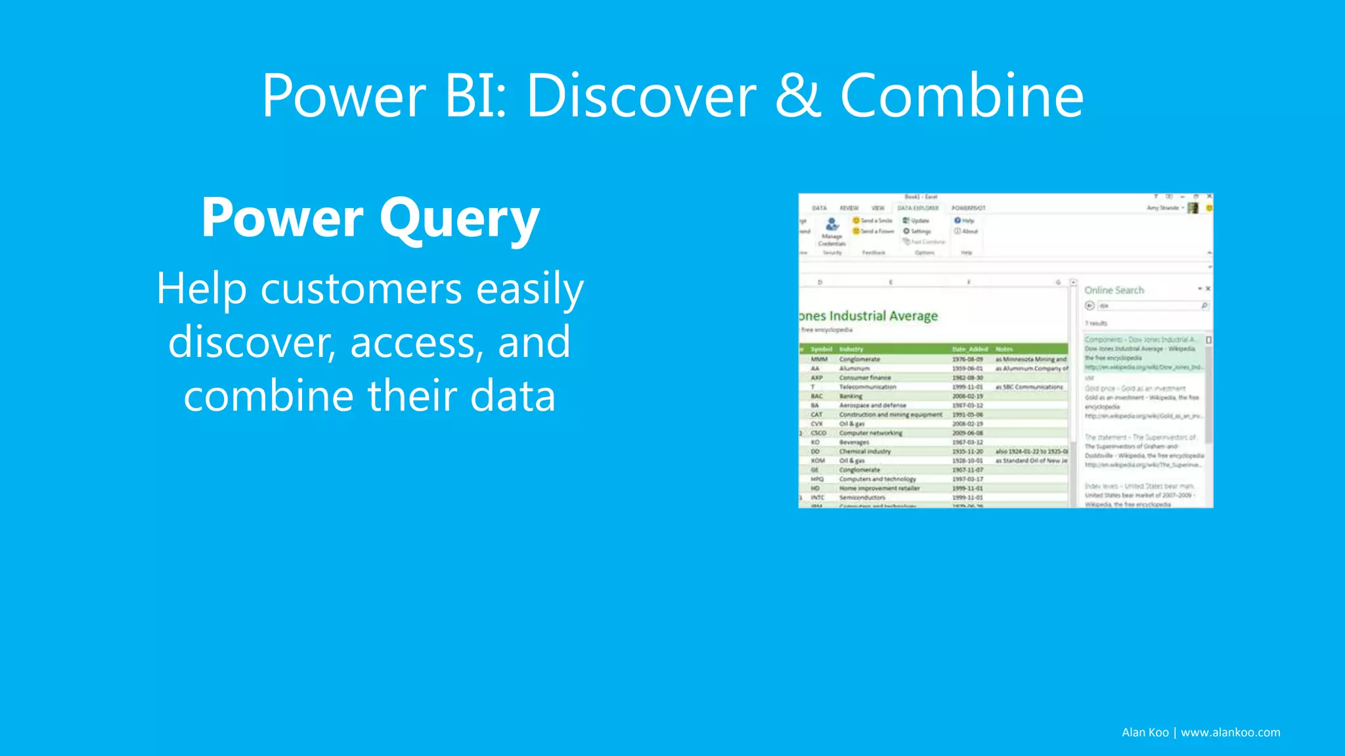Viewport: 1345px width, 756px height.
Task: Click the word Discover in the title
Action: [x=641, y=96]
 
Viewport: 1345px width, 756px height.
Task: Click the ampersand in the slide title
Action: [x=798, y=96]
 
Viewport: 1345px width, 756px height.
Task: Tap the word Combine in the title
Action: [x=961, y=96]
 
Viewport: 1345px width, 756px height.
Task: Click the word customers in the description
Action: [x=362, y=289]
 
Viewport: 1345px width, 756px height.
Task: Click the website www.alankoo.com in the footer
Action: [x=1230, y=732]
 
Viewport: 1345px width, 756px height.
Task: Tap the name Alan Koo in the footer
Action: [x=1145, y=732]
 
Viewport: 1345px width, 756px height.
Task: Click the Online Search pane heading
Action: [x=1114, y=290]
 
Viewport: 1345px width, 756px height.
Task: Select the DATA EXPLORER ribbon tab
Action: [x=917, y=208]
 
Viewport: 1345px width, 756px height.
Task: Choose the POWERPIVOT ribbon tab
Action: [x=968, y=208]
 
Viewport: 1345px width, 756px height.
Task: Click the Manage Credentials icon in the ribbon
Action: [x=832, y=225]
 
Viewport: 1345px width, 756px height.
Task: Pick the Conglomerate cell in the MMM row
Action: [x=859, y=359]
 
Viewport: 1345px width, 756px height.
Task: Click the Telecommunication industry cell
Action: [x=867, y=387]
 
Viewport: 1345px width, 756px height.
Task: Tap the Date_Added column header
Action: [x=969, y=349]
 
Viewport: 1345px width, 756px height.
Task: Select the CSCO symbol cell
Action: [x=818, y=433]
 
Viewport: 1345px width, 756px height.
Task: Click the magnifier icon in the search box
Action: [x=1204, y=306]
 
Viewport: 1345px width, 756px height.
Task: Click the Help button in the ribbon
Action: [x=964, y=220]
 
